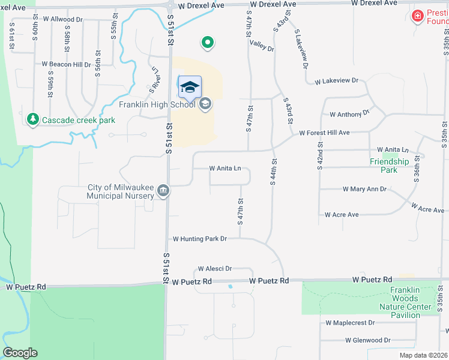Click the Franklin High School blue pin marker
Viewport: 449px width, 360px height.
190,88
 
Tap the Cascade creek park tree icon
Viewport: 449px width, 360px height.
33,119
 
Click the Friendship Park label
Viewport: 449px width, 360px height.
389,166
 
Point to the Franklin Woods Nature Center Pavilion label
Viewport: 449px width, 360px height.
411,302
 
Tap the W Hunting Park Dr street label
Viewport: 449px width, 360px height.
199,239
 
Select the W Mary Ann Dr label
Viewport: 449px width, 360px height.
364,189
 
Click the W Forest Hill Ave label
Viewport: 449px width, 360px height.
324,133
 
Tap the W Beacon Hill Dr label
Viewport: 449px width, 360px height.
66,64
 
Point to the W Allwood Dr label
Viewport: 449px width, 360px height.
62,20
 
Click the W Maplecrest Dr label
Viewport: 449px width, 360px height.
350,323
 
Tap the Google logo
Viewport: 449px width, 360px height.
20,353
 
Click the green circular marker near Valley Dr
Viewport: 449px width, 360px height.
207,43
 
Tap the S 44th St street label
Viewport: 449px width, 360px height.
273,172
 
